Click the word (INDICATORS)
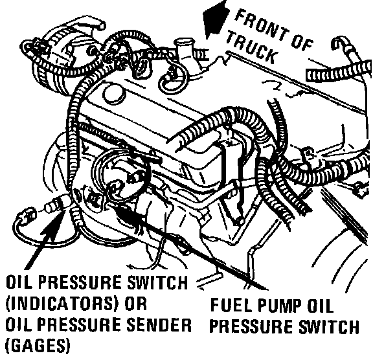62,304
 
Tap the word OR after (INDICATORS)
135,303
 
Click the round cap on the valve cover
115,94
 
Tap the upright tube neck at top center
184,51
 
